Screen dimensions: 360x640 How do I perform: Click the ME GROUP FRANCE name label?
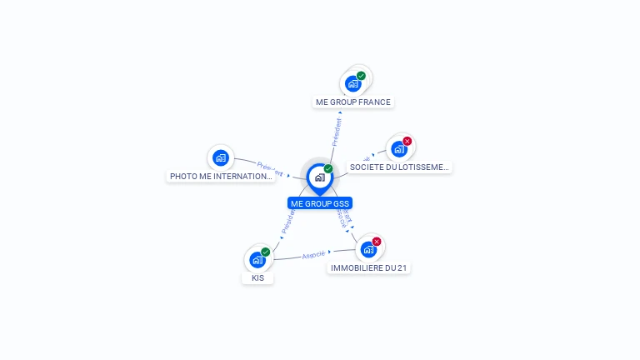[x=352, y=102]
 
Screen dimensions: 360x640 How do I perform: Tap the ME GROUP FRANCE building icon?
[x=353, y=83]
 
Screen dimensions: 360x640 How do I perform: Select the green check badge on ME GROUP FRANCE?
[x=361, y=76]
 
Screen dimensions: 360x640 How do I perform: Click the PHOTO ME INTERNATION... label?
[x=221, y=177]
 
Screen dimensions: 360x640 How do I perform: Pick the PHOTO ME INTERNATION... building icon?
[x=220, y=157]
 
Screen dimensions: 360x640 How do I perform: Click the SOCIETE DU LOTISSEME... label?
[x=399, y=167]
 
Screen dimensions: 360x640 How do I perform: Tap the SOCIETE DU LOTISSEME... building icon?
[x=398, y=149]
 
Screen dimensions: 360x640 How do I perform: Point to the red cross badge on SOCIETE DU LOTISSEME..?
[x=407, y=142]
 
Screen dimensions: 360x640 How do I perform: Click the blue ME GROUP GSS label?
[x=320, y=203]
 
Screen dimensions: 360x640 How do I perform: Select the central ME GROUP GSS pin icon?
[x=319, y=177]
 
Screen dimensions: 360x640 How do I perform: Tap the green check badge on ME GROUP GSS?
[x=328, y=168]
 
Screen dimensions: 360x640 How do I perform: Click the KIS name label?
[x=258, y=278]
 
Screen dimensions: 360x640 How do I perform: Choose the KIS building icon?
[x=257, y=259]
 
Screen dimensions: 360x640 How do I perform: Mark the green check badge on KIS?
[x=265, y=252]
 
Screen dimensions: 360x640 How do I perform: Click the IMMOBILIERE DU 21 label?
[x=369, y=268]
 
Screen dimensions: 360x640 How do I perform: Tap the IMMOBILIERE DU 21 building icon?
[x=368, y=248]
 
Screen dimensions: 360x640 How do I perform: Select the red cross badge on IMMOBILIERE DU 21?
[x=377, y=242]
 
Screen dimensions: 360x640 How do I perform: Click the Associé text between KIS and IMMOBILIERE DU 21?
[x=313, y=253]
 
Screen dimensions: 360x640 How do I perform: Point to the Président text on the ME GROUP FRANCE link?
[x=337, y=132]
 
